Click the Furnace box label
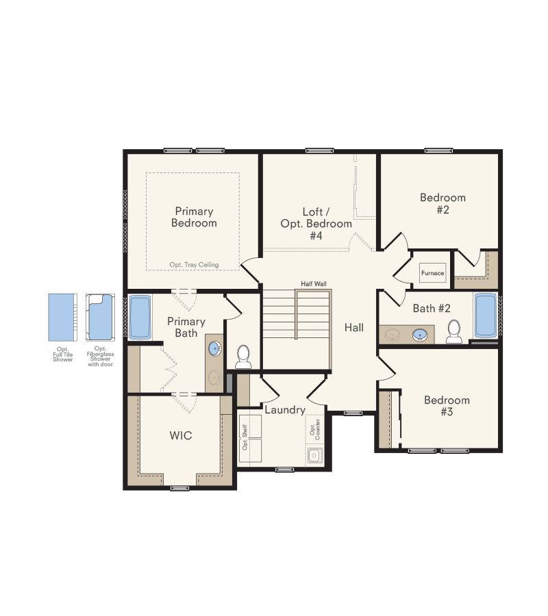pos(432,273)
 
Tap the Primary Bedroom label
pos(195,217)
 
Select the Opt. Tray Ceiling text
pos(195,265)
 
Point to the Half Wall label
pos(314,283)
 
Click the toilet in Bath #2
pos(453,332)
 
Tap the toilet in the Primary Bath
pos(243,357)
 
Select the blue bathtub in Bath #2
pos(486,316)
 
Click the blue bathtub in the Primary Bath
pos(140,317)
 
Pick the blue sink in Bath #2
pos(420,335)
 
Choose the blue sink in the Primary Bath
pos(214,348)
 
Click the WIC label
pos(181,435)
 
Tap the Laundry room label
pos(285,410)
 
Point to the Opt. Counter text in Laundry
pos(315,429)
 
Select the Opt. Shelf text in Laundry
pos(245,437)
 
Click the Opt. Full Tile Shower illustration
pos(63,318)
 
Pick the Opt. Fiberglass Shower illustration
pos(100,318)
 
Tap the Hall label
pos(353,327)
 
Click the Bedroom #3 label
pos(447,406)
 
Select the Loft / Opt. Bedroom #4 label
pos(316,224)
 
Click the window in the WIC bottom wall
pos(180,488)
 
